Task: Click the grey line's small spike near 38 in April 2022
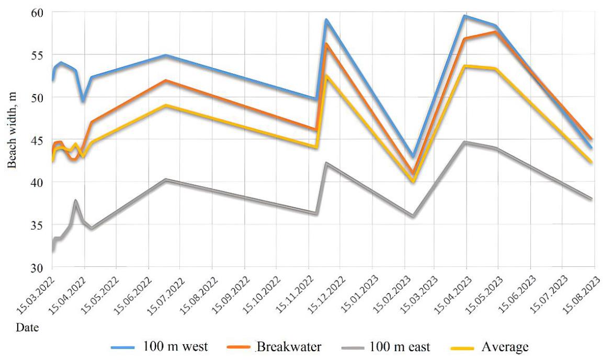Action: (x=76, y=200)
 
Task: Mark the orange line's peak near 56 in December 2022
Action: (x=326, y=44)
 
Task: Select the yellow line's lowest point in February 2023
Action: (x=413, y=181)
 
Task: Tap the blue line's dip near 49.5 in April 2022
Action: (x=83, y=100)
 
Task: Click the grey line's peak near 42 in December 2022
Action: (x=326, y=163)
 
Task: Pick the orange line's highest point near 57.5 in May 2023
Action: (x=495, y=32)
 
